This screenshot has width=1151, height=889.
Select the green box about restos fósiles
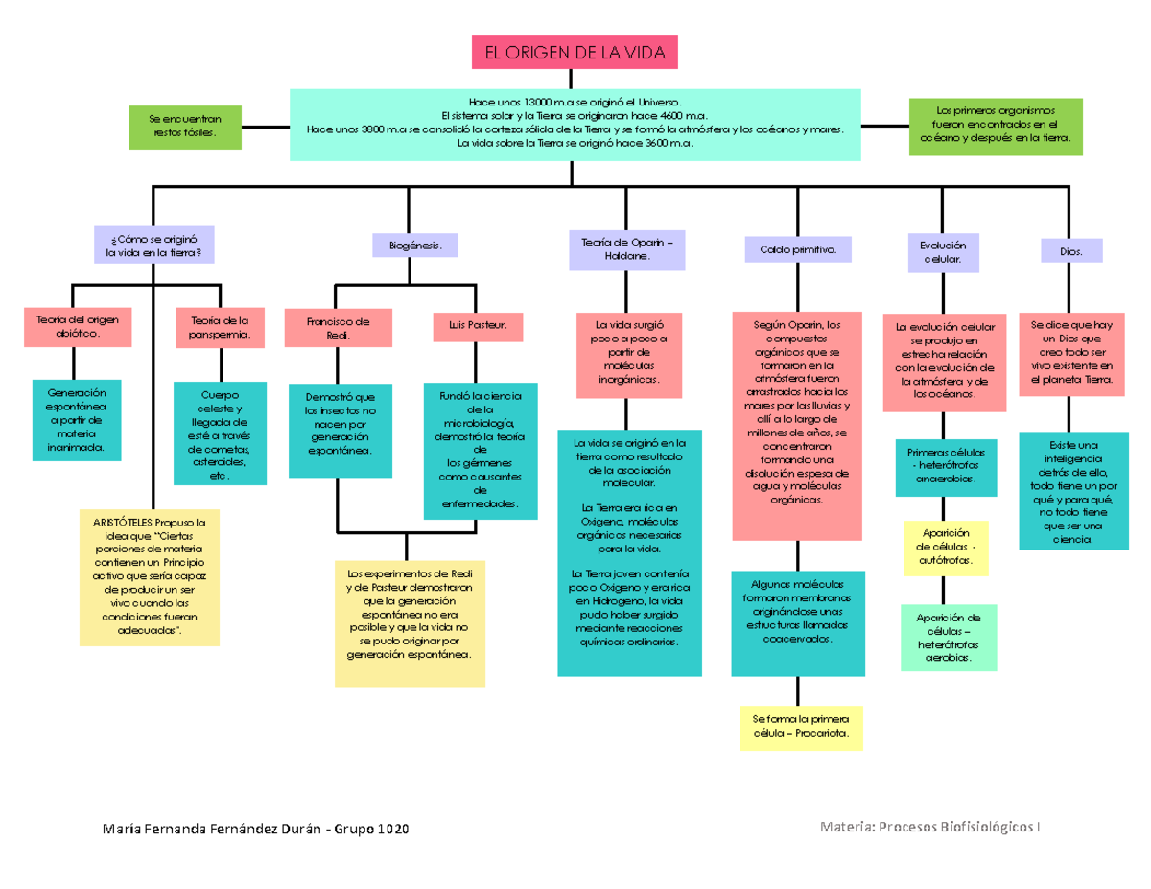coord(185,127)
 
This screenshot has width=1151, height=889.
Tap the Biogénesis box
coord(415,246)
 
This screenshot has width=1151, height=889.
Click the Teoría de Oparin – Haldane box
coord(627,247)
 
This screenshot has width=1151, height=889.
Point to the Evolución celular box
coord(944,251)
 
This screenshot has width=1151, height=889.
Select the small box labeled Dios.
coord(1071,251)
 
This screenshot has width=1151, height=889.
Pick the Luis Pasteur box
coord(477,327)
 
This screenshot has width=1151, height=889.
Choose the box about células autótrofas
coord(946,548)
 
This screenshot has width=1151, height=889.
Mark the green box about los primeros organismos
coord(995,124)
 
